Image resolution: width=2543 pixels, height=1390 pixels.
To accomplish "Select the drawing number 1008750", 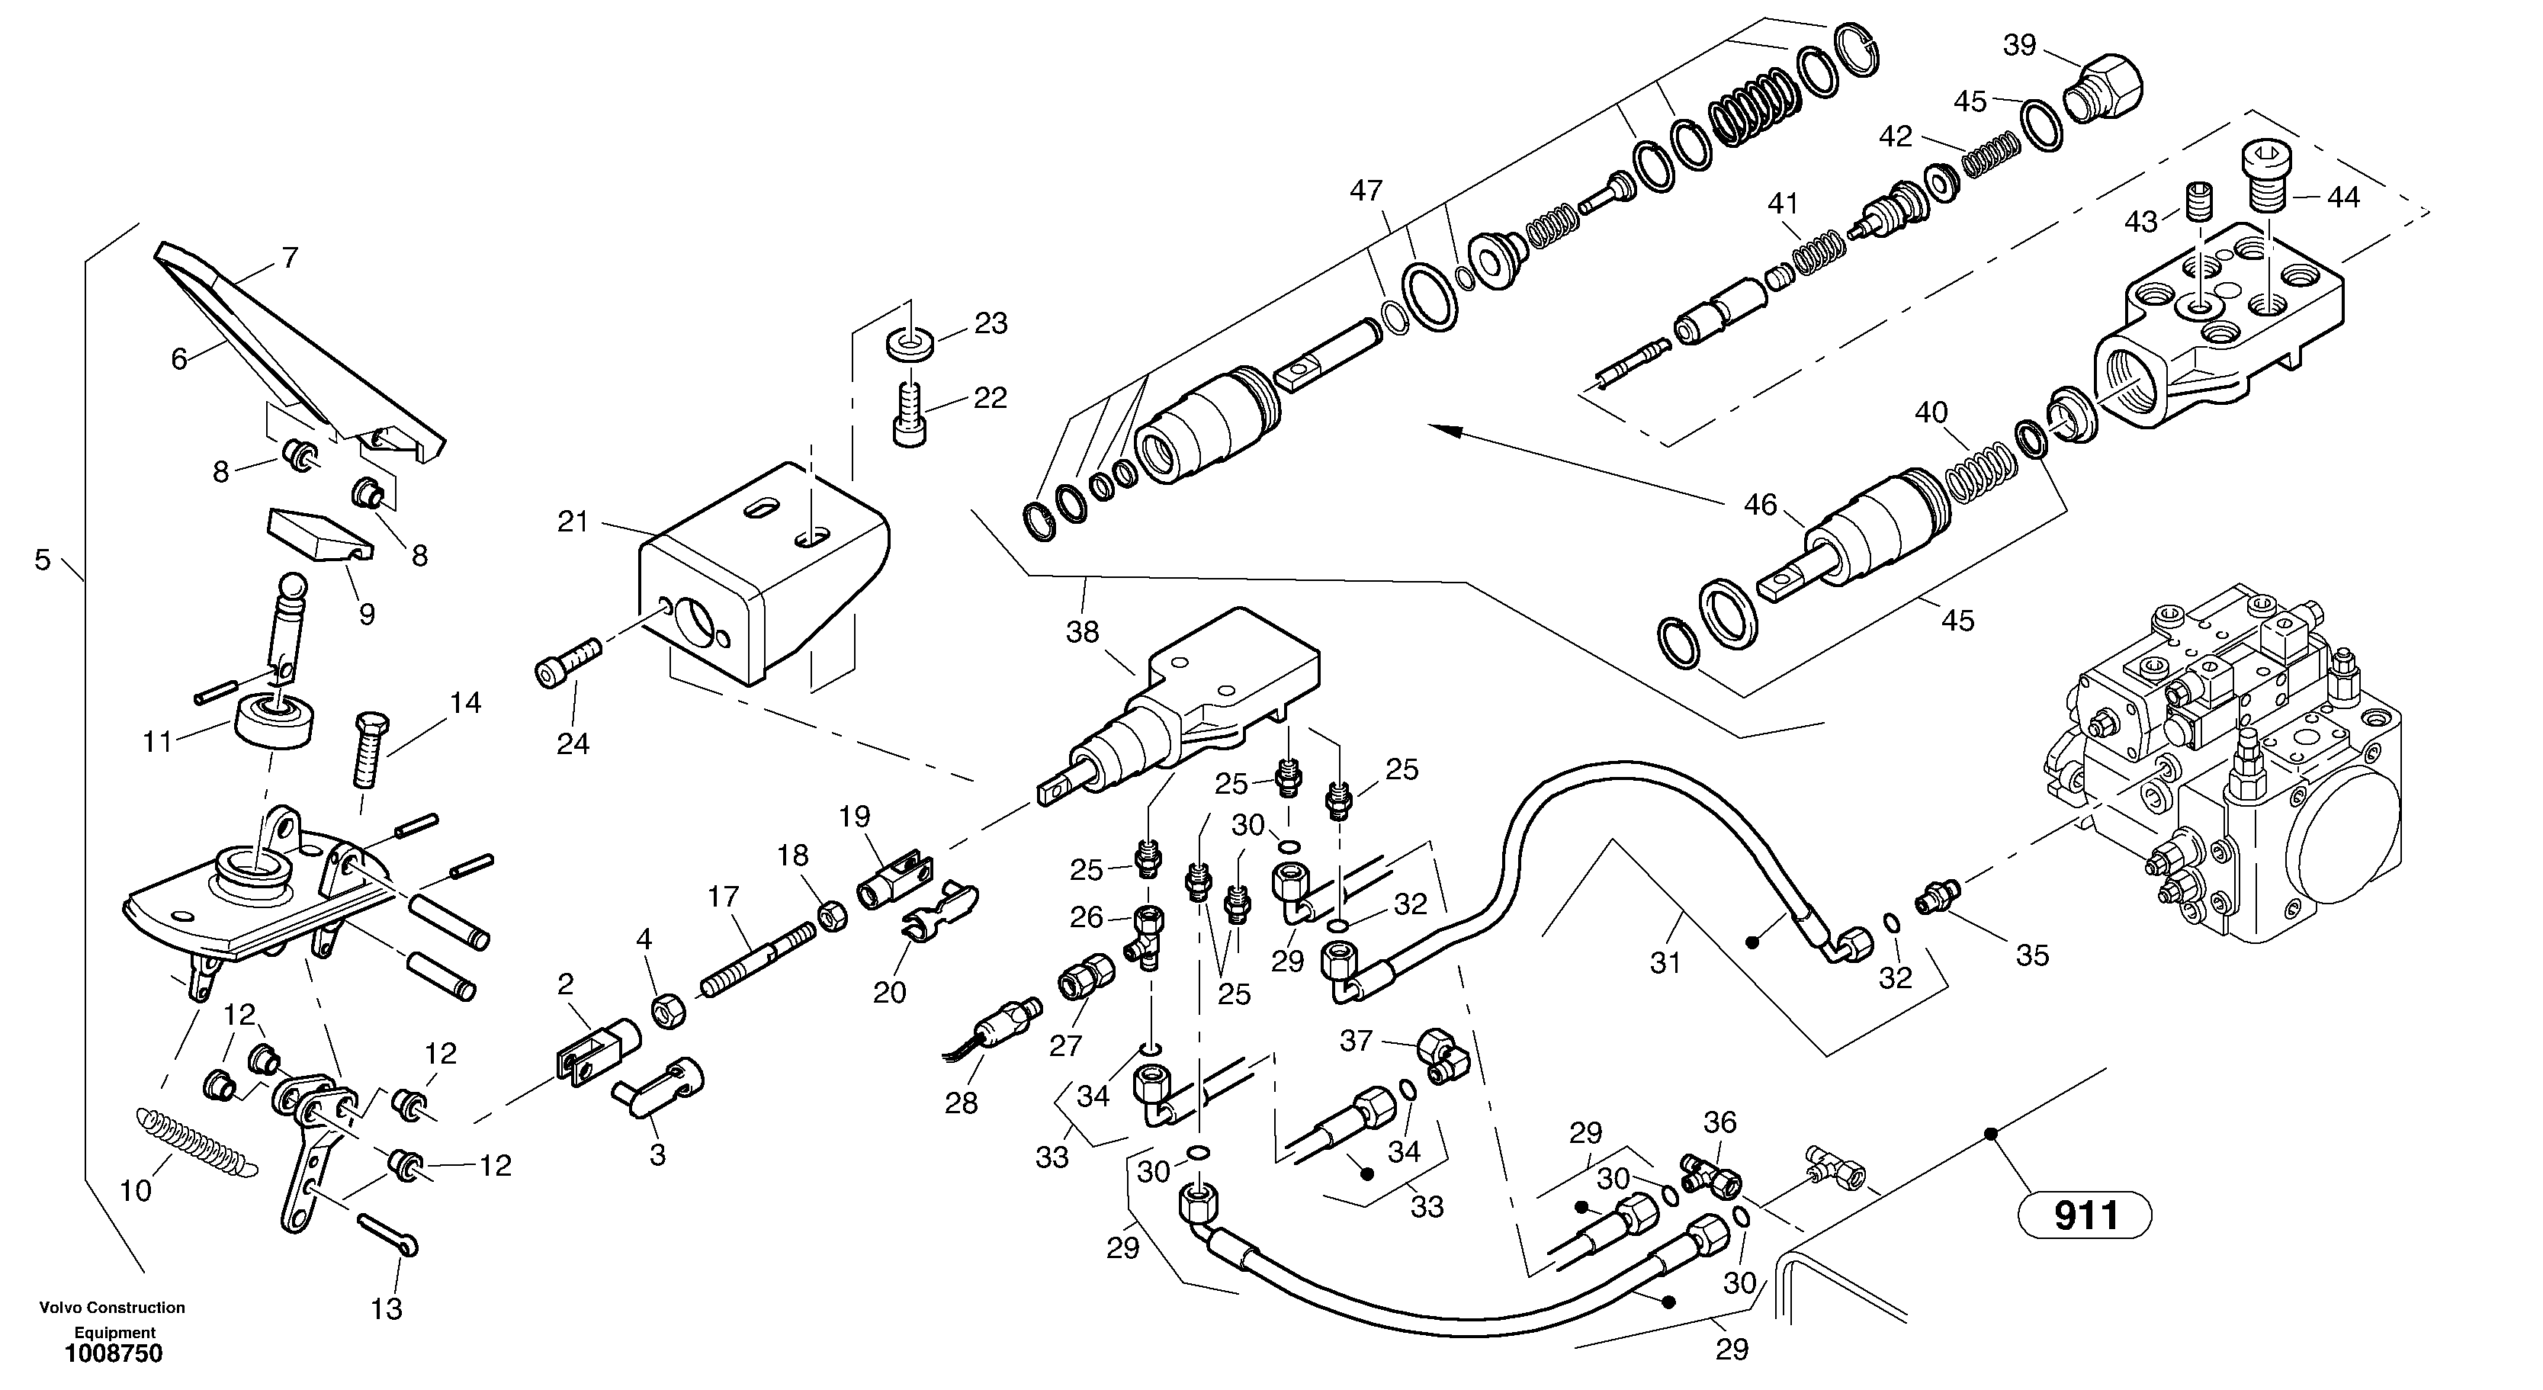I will click(x=114, y=1353).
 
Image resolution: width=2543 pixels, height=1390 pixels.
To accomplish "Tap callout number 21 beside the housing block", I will click(x=573, y=522).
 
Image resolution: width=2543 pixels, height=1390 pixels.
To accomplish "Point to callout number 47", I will click(x=1366, y=190).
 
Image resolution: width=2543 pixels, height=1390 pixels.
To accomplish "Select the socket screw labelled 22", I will click(x=909, y=416).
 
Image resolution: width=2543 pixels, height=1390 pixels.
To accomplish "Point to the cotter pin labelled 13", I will click(x=388, y=1234).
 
